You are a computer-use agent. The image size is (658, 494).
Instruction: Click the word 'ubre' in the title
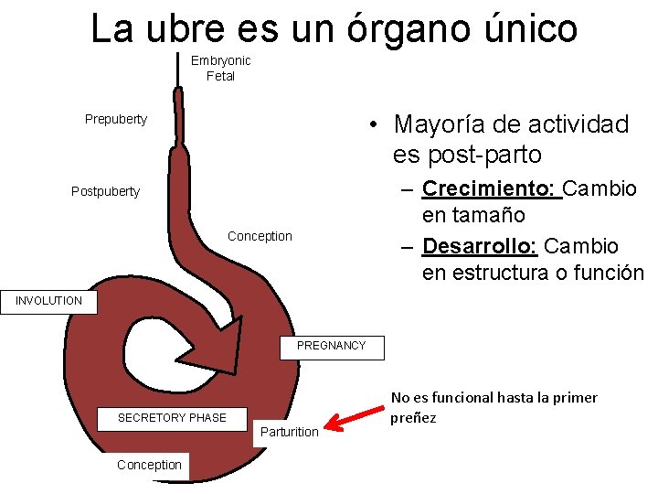(x=185, y=27)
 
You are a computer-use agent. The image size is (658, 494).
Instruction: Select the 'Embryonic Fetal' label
(x=220, y=69)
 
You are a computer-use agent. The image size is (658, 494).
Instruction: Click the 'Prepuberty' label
(x=116, y=119)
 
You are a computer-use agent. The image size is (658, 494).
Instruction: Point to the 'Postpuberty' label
(x=106, y=191)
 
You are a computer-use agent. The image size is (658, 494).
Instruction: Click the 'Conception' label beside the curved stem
(x=260, y=236)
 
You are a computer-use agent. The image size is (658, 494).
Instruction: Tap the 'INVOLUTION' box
(x=48, y=301)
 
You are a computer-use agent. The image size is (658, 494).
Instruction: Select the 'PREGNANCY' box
(x=331, y=346)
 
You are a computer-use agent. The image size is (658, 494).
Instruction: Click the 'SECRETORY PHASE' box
(x=172, y=418)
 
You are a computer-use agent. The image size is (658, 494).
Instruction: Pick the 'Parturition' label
(x=290, y=432)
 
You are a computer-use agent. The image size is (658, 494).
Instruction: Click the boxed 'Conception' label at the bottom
(x=150, y=465)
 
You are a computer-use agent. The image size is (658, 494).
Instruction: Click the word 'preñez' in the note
(x=413, y=418)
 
